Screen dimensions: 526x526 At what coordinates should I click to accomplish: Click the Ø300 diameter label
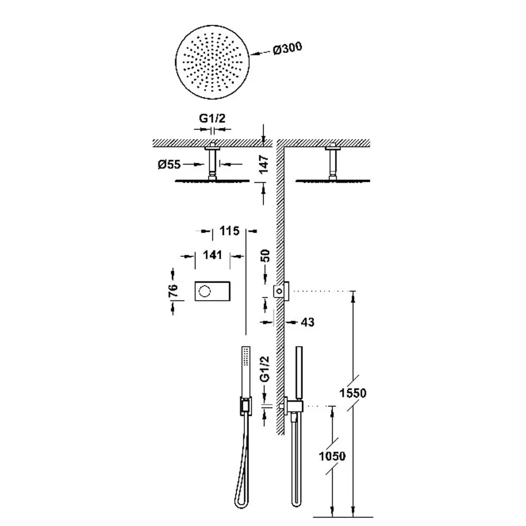[x=287, y=48]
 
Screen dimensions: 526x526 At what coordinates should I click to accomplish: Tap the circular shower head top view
[x=212, y=62]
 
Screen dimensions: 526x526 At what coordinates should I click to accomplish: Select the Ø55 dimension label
[x=170, y=165]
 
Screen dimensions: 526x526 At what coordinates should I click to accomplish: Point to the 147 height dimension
[x=265, y=163]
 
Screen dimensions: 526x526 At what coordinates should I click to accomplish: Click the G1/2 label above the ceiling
[x=212, y=118]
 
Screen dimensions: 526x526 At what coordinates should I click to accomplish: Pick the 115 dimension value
[x=229, y=231]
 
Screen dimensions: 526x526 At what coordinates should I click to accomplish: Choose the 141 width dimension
[x=212, y=255]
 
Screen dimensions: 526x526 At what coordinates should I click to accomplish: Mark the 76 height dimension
[x=173, y=290]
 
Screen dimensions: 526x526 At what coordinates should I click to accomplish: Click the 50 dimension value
[x=265, y=256]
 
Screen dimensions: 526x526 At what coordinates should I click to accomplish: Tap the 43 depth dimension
[x=308, y=322]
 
